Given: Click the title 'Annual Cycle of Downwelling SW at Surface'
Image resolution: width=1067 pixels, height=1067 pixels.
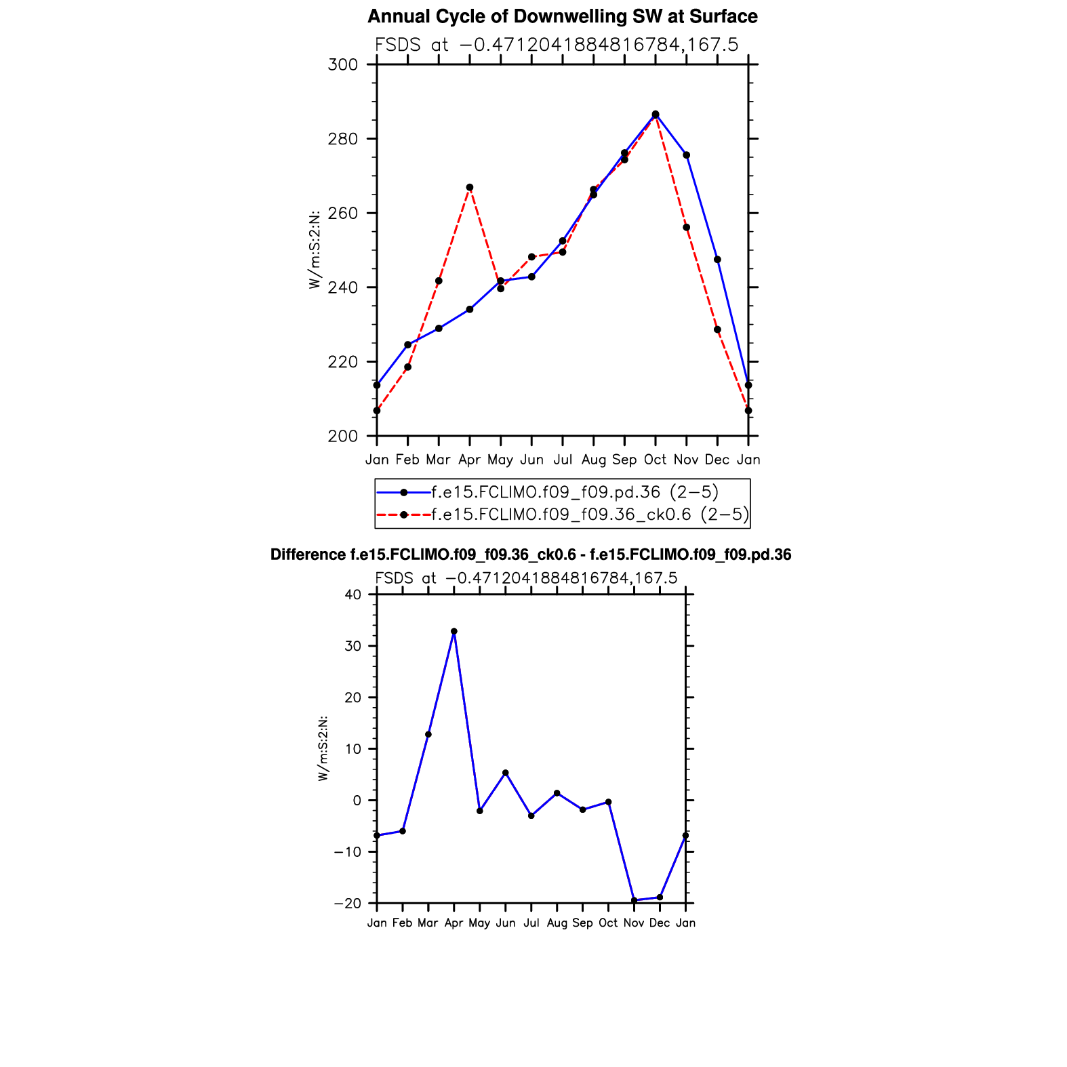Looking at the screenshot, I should [562, 16].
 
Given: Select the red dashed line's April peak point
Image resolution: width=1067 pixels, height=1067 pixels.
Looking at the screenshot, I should [470, 187].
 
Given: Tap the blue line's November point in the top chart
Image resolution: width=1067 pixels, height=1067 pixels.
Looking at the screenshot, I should [687, 155].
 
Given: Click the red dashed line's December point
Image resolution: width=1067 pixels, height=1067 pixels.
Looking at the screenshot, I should [717, 329].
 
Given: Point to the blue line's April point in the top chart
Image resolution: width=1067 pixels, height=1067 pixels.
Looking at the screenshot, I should [470, 309].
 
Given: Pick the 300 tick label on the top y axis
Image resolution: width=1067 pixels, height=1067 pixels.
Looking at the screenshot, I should [343, 65].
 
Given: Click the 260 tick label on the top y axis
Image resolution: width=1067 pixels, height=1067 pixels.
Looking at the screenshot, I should [343, 214].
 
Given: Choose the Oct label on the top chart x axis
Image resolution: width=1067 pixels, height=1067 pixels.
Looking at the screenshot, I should [655, 460].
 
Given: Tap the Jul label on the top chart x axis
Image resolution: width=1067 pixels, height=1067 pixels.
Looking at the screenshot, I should [562, 460].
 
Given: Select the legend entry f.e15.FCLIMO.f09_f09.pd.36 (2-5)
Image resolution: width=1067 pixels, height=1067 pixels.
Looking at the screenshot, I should [574, 492].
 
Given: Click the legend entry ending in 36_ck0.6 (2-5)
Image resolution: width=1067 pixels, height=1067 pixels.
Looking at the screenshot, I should [590, 515].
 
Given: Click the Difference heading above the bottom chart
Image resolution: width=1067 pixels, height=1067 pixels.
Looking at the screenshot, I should [530, 555].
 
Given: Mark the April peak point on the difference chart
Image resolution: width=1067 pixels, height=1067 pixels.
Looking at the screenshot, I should [454, 631].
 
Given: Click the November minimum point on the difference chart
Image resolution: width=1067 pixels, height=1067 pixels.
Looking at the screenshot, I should [634, 900].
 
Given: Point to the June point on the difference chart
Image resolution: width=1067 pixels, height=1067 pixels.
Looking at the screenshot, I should [506, 773].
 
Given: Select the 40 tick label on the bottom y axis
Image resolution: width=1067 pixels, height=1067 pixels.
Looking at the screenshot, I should [353, 595].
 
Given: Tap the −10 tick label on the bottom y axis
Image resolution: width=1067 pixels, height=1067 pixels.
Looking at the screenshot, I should [348, 852].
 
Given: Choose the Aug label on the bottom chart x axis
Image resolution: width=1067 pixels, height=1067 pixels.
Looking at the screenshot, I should [557, 923].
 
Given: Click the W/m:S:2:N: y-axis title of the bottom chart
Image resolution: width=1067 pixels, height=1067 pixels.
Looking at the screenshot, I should [323, 748].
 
